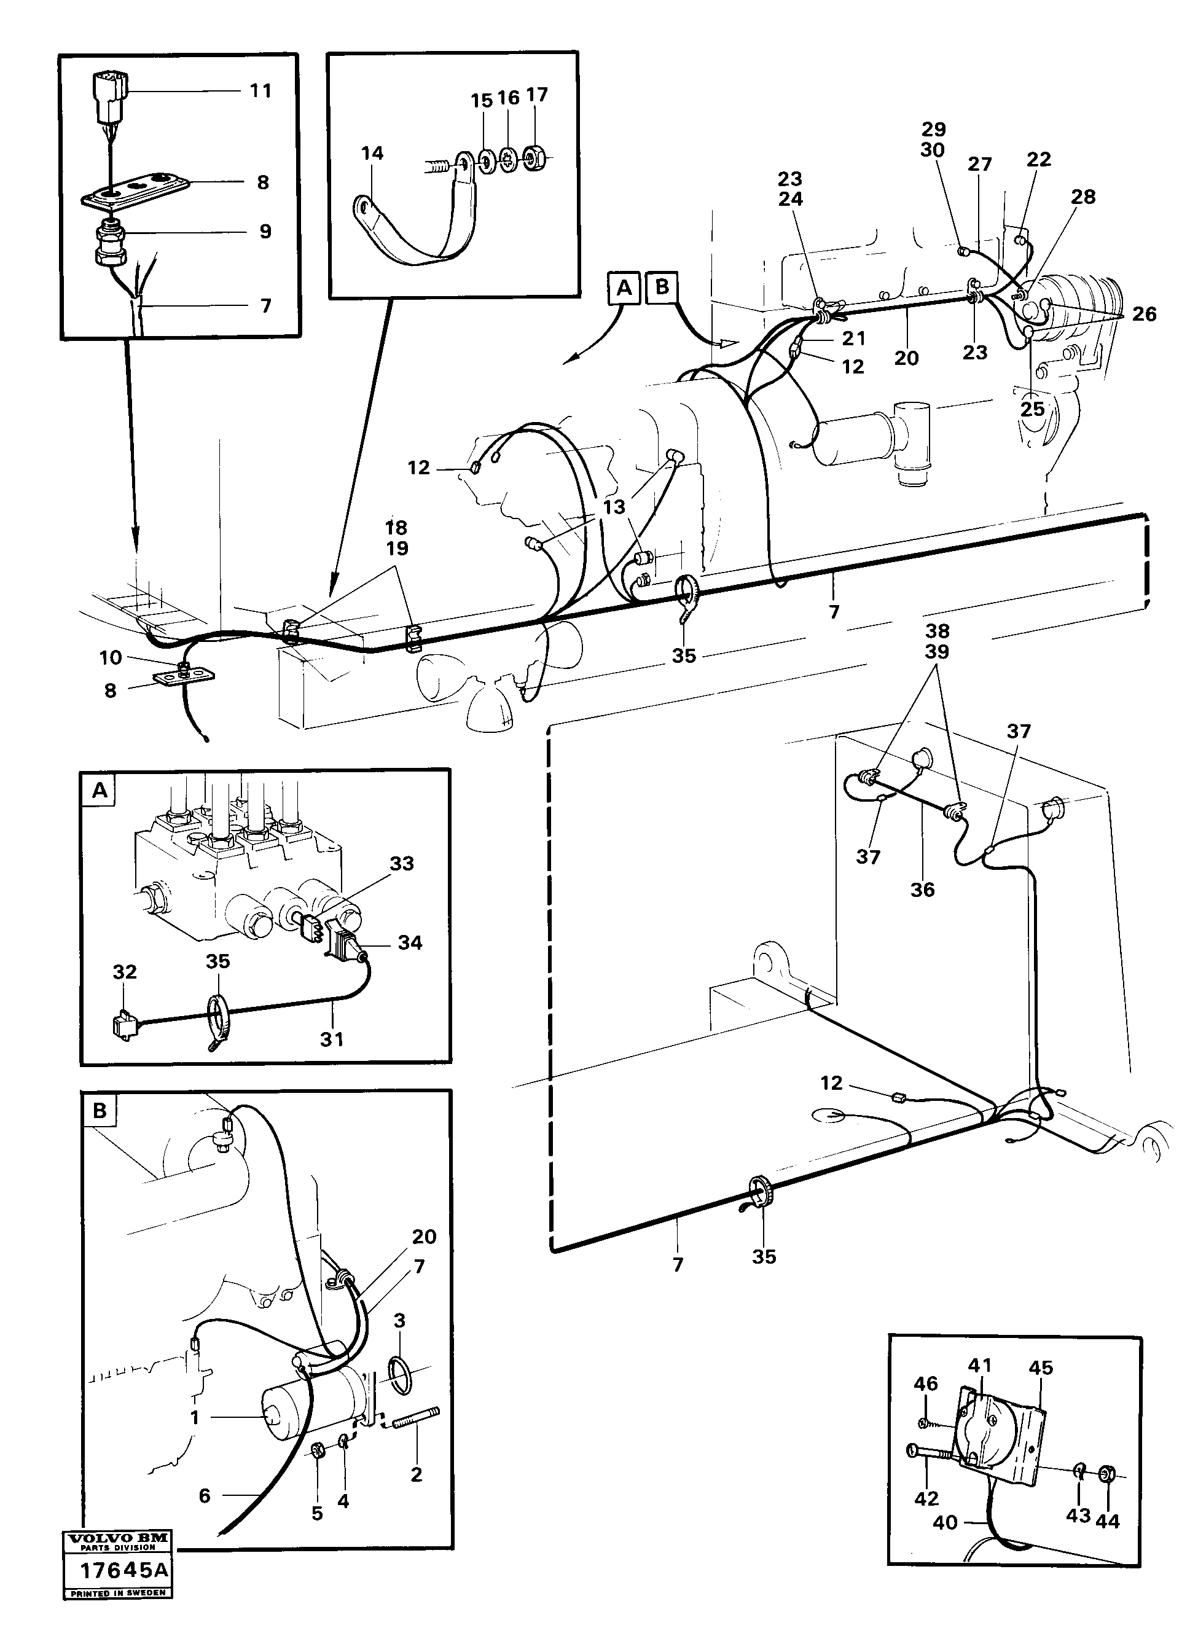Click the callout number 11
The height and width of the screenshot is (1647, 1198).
tap(260, 91)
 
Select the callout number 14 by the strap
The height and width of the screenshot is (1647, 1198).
tap(372, 153)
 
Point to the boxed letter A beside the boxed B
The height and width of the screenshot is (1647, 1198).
tap(624, 288)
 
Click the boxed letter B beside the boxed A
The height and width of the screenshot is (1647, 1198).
tap(662, 286)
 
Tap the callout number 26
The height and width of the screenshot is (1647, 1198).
tap(1143, 315)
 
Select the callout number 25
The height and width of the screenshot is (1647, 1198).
tap(1032, 409)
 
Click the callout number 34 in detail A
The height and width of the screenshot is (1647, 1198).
tap(410, 942)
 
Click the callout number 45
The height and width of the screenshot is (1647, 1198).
tap(1041, 1367)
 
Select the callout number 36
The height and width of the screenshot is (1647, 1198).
tap(922, 890)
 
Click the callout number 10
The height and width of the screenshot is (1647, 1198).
tap(111, 658)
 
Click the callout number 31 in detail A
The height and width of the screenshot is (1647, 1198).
tap(332, 1039)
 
